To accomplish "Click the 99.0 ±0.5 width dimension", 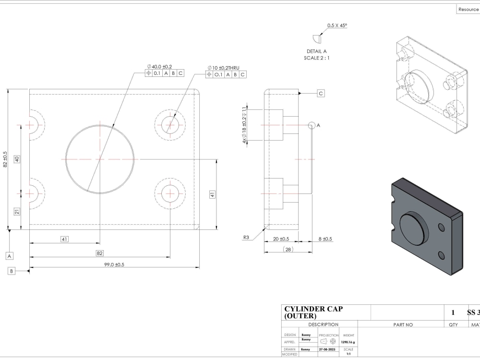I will (114, 264).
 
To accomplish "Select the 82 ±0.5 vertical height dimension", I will (5, 159).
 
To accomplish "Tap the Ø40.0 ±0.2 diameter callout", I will (159, 67).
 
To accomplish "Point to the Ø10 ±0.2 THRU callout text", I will (223, 68).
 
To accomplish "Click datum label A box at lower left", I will (10, 256).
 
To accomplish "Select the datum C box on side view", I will (321, 94).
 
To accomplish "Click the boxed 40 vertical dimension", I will (17, 159).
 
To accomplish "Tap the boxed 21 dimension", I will (17, 211).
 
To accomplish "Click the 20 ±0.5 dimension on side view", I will (281, 239).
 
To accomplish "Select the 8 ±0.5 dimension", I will (325, 239).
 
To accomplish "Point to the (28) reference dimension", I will (288, 249).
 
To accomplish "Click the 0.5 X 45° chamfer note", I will (337, 25).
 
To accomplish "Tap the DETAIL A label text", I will (316, 51).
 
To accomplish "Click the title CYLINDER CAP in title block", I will (313, 309).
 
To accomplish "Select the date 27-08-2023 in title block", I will (329, 349).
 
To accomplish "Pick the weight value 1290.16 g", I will (348, 342).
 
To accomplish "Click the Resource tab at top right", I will (468, 9).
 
